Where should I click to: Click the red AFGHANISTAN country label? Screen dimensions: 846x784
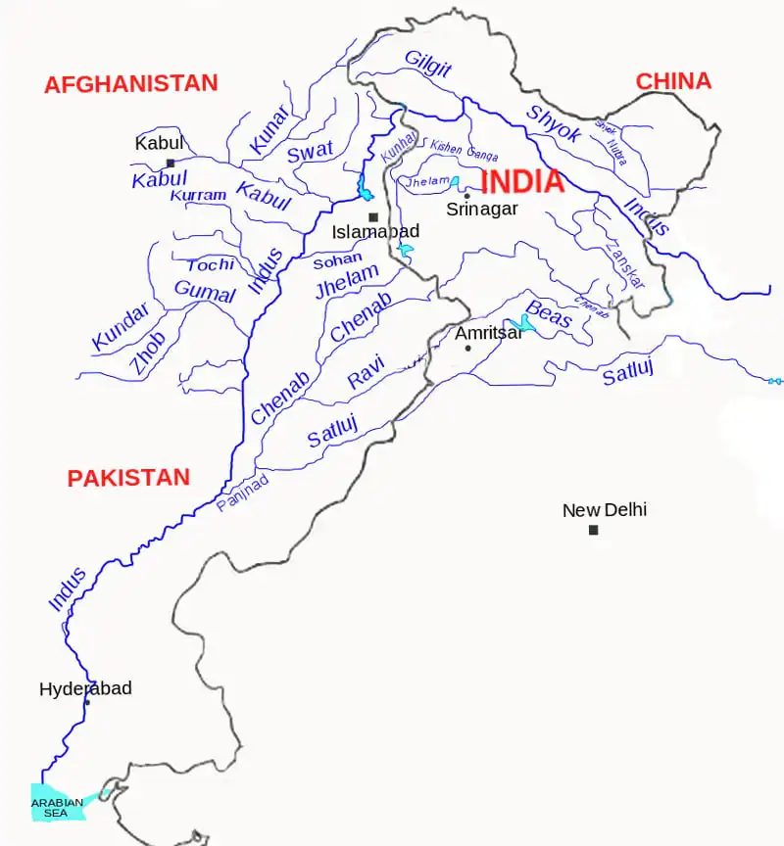(x=130, y=84)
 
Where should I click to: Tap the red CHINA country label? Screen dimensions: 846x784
(x=673, y=81)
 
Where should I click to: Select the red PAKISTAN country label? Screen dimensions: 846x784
(x=128, y=478)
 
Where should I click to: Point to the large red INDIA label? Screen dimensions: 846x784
(x=522, y=182)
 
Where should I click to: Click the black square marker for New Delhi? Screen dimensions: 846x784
(x=593, y=531)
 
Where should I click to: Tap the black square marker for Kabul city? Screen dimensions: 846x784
(x=171, y=164)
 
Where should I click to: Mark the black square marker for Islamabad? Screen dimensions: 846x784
(x=372, y=217)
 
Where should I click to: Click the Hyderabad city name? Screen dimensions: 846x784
(x=85, y=689)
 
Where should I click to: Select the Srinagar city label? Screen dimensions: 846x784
(x=481, y=209)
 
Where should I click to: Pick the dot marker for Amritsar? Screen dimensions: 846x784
(x=467, y=349)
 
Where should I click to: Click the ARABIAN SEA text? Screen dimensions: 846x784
(x=57, y=808)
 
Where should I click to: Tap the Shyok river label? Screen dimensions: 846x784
(x=554, y=125)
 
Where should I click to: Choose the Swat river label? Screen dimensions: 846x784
(x=310, y=152)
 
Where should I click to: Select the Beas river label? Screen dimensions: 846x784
(x=549, y=314)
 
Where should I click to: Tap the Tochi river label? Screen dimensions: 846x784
(x=210, y=265)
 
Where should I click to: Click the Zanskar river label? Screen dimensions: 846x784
(x=625, y=263)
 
